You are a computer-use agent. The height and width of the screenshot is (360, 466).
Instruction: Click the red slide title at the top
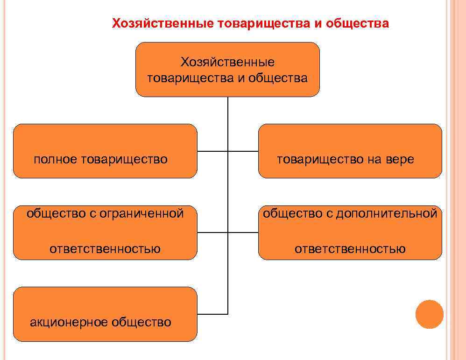(250, 24)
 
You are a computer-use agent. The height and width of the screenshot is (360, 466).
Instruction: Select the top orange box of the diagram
(227, 70)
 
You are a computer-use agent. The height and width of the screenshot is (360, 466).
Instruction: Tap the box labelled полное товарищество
(105, 151)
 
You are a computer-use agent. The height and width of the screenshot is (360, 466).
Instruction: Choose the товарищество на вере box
(350, 151)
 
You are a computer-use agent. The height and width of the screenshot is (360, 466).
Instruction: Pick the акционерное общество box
(105, 314)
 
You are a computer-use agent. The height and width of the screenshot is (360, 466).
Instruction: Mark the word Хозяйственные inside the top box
(227, 62)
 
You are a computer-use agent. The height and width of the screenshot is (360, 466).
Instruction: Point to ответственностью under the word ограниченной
(105, 249)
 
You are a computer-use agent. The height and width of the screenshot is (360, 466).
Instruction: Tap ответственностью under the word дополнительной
(350, 249)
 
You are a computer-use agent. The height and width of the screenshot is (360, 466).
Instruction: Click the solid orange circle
(429, 314)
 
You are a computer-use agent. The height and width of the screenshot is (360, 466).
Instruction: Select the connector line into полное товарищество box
(212, 151)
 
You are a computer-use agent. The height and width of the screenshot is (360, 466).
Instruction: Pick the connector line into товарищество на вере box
(243, 151)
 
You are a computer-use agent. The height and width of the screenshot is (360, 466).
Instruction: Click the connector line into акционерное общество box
(212, 314)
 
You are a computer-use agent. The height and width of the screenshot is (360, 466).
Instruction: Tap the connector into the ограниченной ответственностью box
(212, 232)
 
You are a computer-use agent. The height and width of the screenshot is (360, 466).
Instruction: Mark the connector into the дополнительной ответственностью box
(243, 232)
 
